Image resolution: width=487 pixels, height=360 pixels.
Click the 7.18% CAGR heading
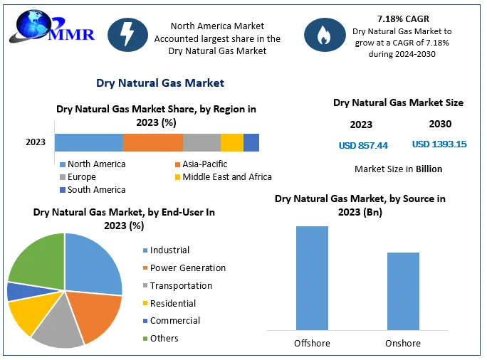point(404,19)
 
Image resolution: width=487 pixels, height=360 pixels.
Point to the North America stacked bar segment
point(88,142)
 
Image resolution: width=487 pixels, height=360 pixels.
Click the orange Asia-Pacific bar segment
point(152,142)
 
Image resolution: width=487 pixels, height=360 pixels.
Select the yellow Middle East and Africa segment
point(231,142)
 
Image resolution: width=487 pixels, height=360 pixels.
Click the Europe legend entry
point(81,177)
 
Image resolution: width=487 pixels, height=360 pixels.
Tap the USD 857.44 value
point(363,145)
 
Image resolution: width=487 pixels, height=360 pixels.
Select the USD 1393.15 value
point(439,144)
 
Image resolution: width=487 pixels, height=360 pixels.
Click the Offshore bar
point(312,278)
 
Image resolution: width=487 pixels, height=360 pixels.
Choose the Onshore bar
point(403,291)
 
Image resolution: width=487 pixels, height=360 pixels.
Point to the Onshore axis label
point(403,344)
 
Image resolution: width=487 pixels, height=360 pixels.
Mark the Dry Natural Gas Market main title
point(160,83)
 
